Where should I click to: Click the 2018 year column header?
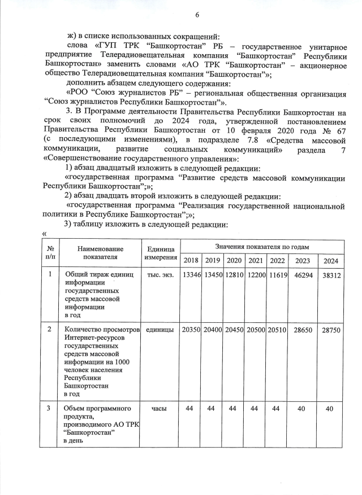(191, 261)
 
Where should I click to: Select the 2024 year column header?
(330, 261)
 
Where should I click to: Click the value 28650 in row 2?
(300, 330)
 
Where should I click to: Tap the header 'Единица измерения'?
(162, 253)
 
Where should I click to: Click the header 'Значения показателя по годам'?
(262, 247)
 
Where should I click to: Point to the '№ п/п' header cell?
(50, 252)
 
